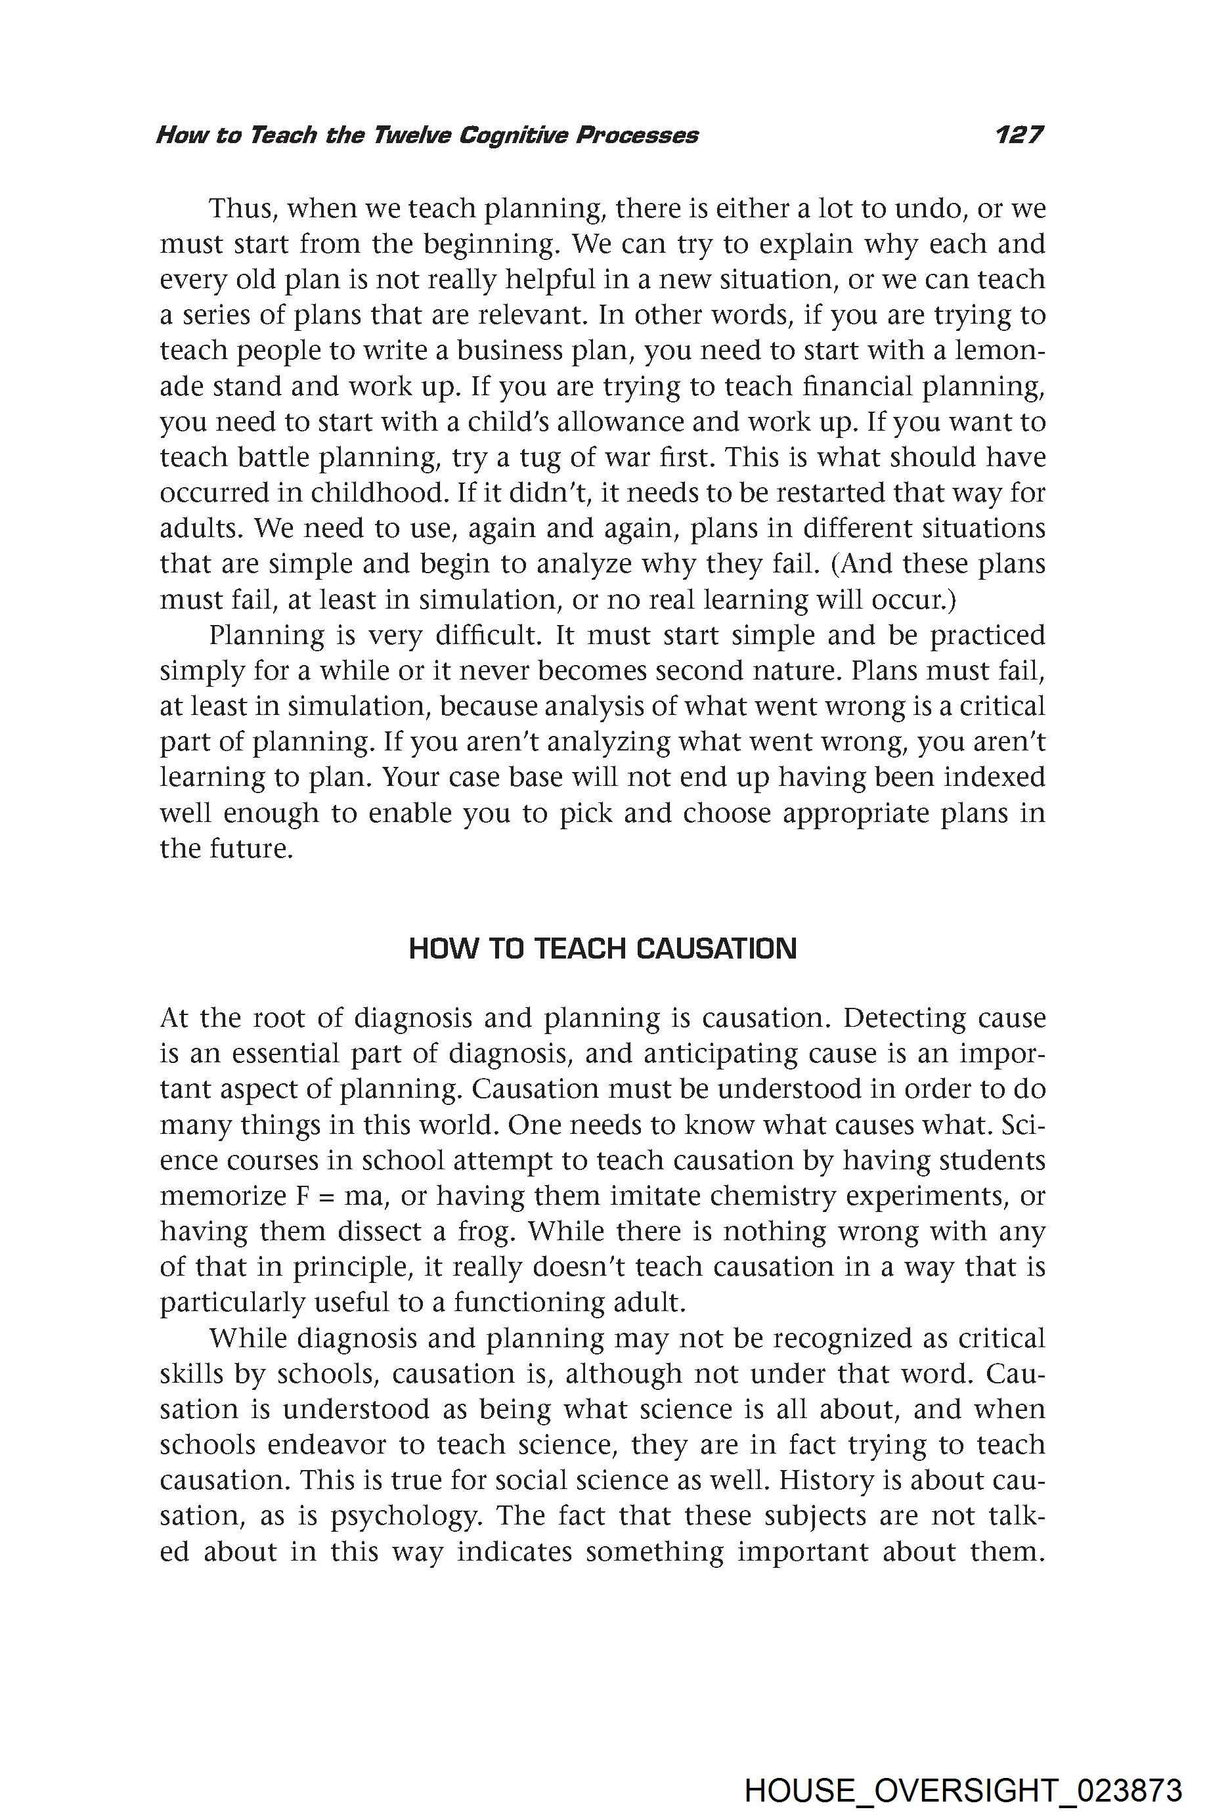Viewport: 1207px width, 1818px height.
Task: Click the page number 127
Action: point(1019,135)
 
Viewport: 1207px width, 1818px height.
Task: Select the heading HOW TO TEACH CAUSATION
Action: point(602,949)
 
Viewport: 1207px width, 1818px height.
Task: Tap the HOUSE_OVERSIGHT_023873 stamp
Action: point(963,1769)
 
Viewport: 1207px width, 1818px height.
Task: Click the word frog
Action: point(483,1232)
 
